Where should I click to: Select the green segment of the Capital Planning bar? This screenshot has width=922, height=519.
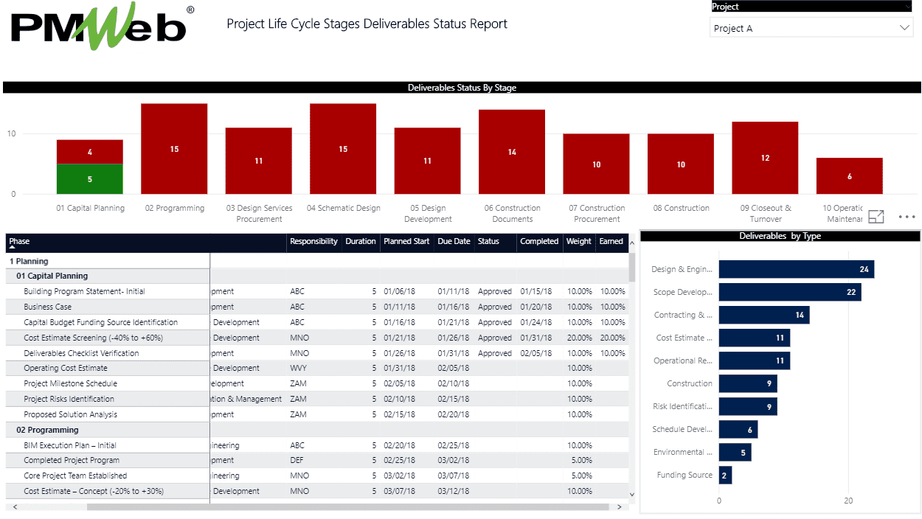(x=90, y=179)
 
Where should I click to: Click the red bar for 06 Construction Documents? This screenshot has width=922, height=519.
(x=512, y=152)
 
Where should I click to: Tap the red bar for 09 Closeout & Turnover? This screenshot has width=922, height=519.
(x=765, y=158)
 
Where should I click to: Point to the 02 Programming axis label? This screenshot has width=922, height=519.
(x=175, y=209)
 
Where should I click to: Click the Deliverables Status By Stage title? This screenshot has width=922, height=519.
(x=462, y=88)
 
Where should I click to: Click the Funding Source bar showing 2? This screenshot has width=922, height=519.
(x=725, y=476)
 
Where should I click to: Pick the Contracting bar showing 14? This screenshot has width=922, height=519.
(x=764, y=316)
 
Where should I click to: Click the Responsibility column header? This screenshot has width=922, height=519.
(x=313, y=242)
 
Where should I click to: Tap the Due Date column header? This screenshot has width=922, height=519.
(x=454, y=242)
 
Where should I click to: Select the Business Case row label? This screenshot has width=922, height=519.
(x=48, y=307)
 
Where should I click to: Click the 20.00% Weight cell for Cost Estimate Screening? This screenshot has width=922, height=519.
(x=579, y=338)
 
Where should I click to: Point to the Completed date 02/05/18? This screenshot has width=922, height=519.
(x=535, y=354)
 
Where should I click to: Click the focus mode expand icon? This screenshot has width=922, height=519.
(x=876, y=217)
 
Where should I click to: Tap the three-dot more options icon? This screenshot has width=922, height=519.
(x=907, y=217)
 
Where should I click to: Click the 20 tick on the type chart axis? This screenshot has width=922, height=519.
(x=848, y=501)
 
